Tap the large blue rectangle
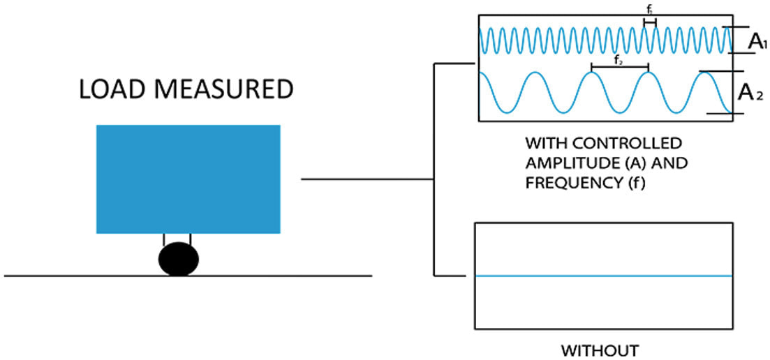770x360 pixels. click(188, 178)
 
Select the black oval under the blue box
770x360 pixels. click(177, 259)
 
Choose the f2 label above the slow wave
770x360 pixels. click(619, 61)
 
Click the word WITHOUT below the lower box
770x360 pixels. click(601, 348)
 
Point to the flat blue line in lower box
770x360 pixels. click(603, 276)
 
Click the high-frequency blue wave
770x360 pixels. click(558, 40)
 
